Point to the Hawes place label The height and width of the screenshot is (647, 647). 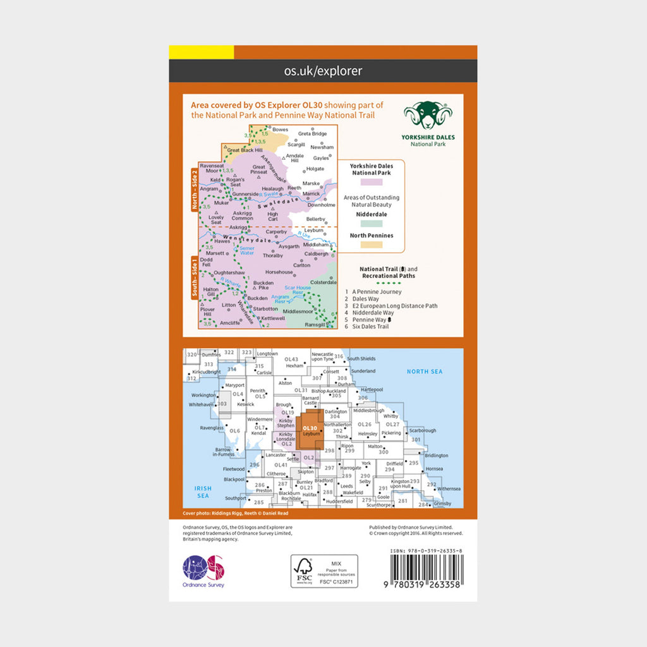pyautogui.click(x=223, y=241)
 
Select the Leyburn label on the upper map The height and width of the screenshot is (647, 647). pyautogui.click(x=313, y=231)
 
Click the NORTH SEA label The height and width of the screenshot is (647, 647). pyautogui.click(x=425, y=372)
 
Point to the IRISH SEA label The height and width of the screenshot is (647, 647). pyautogui.click(x=202, y=491)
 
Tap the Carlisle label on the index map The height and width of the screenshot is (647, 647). pyautogui.click(x=263, y=373)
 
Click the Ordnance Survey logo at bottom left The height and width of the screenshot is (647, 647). pyautogui.click(x=203, y=570)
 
